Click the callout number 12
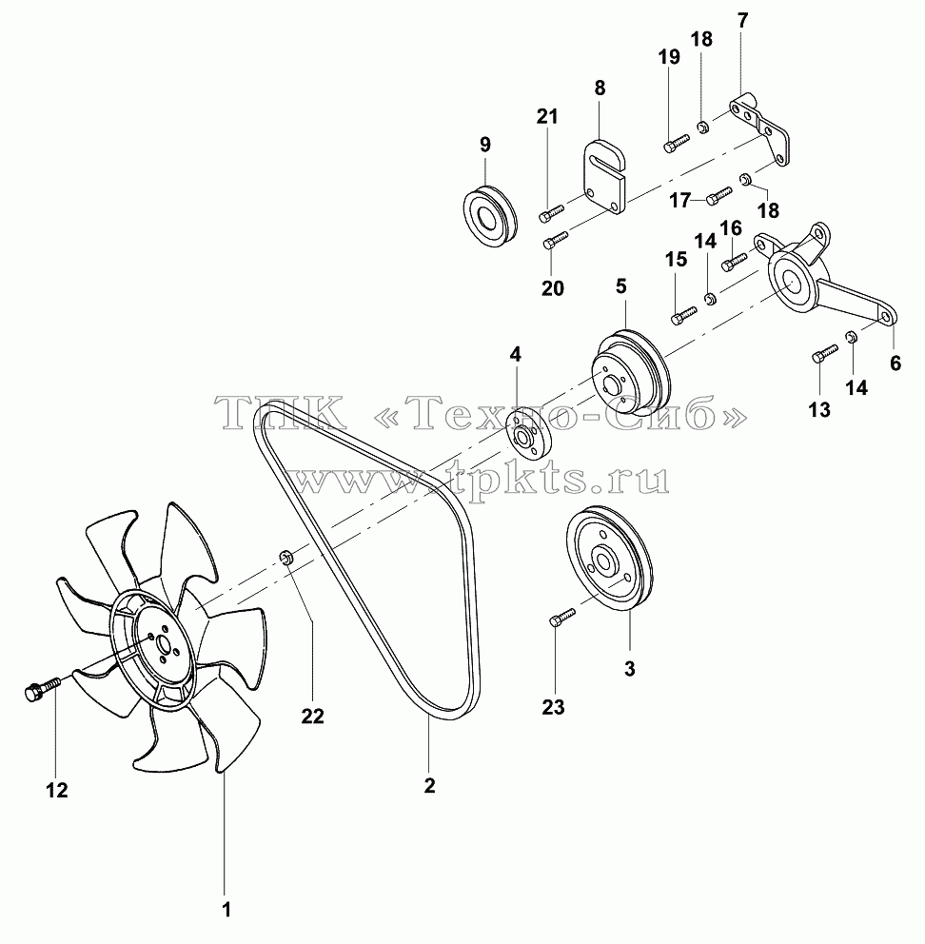point(57,790)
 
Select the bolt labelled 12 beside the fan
point(42,687)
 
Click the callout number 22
point(312,716)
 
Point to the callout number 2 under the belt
point(429,785)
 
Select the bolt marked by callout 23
point(562,618)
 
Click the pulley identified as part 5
point(628,371)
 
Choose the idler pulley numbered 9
point(490,214)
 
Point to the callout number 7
point(742,20)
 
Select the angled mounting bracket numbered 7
point(760,128)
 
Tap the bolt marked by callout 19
point(677,143)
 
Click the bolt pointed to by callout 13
point(825,353)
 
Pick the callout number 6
point(895,363)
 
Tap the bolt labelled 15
point(683,315)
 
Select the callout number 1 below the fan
point(226,910)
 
